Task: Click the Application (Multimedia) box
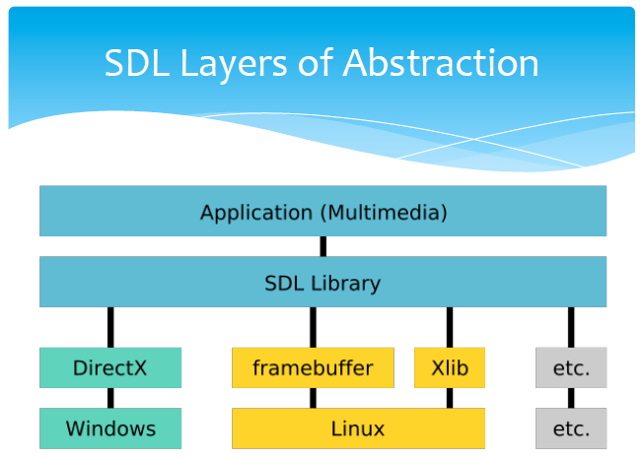click(322, 211)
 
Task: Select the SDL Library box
click(322, 282)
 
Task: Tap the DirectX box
click(110, 367)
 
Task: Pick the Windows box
click(110, 428)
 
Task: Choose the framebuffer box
click(313, 367)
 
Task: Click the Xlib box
click(450, 367)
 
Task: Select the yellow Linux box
click(358, 428)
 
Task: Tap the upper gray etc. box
click(571, 367)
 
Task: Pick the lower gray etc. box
click(571, 428)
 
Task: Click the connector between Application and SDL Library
click(323, 246)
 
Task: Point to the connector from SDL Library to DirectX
click(110, 327)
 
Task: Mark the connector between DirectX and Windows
click(110, 398)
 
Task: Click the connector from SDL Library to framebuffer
click(313, 327)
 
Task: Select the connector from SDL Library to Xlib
click(450, 327)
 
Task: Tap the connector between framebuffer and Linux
click(313, 398)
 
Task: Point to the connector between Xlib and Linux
click(450, 398)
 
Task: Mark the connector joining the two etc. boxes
click(571, 398)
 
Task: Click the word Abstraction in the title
click(441, 63)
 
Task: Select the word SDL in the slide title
click(137, 63)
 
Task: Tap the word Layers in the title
click(234, 66)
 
